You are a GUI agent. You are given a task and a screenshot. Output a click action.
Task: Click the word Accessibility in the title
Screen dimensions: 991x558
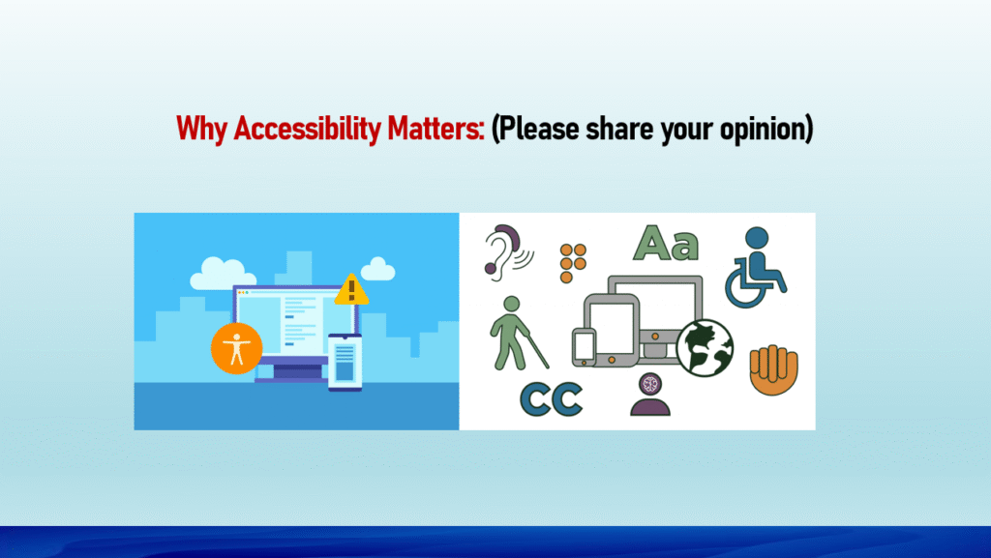307,130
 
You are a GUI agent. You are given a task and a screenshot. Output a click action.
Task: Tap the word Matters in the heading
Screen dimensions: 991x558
435,129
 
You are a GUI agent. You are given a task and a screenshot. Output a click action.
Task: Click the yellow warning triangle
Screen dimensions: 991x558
351,290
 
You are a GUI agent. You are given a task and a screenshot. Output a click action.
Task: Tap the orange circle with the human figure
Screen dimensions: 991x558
237,348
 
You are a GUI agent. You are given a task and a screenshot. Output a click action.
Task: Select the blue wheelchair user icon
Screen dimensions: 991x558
755,267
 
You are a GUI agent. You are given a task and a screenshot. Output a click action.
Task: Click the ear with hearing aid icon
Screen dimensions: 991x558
506,251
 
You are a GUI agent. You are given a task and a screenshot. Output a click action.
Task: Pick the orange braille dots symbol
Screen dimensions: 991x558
573,263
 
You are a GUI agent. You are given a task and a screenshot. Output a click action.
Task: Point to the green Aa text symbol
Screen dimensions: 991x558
666,243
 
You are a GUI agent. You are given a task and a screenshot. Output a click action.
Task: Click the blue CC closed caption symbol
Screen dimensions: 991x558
551,399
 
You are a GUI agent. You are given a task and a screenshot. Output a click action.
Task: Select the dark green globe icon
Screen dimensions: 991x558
705,348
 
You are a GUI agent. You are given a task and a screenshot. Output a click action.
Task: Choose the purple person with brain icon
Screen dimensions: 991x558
650,395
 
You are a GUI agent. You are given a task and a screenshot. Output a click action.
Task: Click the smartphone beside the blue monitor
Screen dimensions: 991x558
345,363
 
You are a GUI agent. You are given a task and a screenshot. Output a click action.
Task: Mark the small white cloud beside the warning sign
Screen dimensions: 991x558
378,269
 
